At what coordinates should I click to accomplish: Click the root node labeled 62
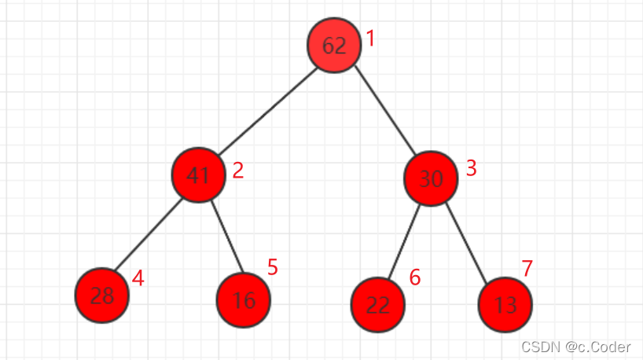(335, 46)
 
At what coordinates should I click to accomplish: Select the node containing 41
(199, 174)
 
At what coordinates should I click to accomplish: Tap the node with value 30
(431, 179)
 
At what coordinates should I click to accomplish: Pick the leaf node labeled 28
(102, 296)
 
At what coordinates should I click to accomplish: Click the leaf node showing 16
(244, 301)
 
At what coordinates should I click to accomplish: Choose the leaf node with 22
(378, 305)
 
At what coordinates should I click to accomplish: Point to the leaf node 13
(505, 305)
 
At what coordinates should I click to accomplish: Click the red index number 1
(371, 39)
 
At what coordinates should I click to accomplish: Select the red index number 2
(237, 171)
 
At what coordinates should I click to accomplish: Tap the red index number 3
(472, 168)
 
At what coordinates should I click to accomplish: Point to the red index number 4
(138, 278)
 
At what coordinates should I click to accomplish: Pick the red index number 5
(272, 267)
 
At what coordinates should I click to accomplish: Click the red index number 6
(414, 277)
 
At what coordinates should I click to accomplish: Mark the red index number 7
(527, 268)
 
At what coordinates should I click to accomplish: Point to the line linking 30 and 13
(468, 242)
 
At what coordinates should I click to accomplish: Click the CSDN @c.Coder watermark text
(576, 346)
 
